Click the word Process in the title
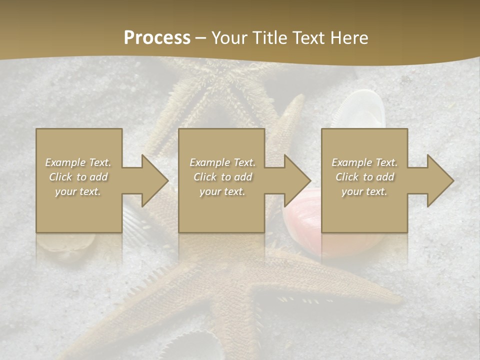pyautogui.click(x=157, y=38)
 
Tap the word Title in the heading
pyautogui.click(x=270, y=38)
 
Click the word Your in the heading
pyautogui.click(x=229, y=38)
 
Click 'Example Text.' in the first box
pyautogui.click(x=78, y=162)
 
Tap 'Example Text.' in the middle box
pyautogui.click(x=222, y=162)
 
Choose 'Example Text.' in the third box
pyautogui.click(x=364, y=162)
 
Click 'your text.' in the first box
pyautogui.click(x=78, y=191)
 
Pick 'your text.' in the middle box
pyautogui.click(x=222, y=191)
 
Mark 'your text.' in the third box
pyautogui.click(x=364, y=191)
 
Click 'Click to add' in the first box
pyautogui.click(x=78, y=177)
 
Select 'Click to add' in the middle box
pyautogui.click(x=222, y=177)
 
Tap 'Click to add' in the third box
pyautogui.click(x=364, y=177)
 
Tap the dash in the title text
pyautogui.click(x=201, y=38)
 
